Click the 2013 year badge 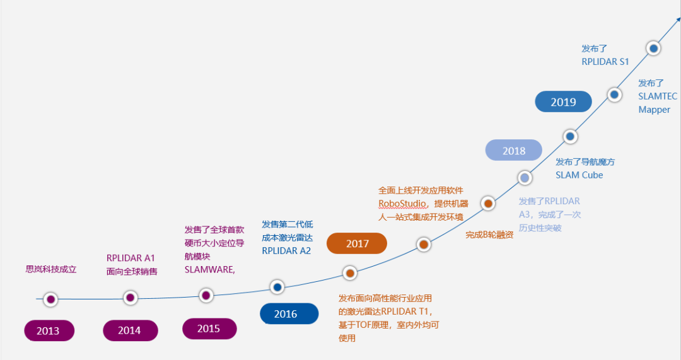[49, 331]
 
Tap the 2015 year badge [209, 328]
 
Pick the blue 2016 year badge [286, 314]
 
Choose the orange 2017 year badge [357, 243]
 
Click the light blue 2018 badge [514, 151]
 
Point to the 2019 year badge [563, 102]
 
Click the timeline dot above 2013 [50, 299]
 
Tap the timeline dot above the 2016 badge [277, 287]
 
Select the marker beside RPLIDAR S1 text [654, 48]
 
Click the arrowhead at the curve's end [677, 21]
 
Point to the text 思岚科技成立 [51, 269]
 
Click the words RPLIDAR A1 [131, 258]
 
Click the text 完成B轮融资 [489, 235]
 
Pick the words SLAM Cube [579, 175]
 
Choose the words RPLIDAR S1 [605, 61]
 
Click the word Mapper [654, 110]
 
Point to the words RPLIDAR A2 [286, 250]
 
